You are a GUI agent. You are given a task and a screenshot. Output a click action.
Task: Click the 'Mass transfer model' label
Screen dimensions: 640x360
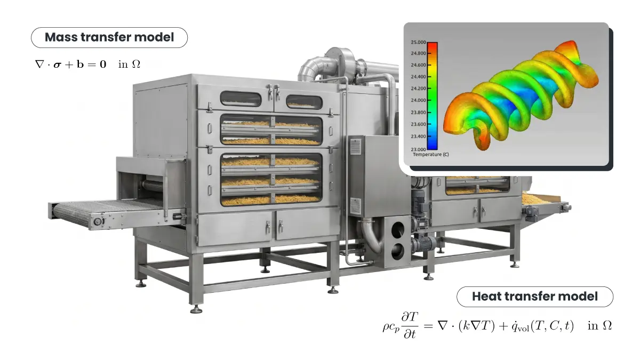(109, 37)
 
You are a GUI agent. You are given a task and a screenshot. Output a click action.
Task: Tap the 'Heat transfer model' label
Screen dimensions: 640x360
(534, 297)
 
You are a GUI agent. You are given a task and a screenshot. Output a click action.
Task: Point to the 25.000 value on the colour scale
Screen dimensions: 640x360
(418, 42)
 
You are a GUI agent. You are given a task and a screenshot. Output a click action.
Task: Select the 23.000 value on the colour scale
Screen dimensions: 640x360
(418, 149)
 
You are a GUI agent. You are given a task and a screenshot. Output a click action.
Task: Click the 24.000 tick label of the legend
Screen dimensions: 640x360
(418, 100)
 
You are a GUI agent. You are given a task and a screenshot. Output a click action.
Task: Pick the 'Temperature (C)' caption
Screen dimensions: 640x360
(431, 155)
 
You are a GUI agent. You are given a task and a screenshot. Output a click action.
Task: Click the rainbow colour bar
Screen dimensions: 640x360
(432, 96)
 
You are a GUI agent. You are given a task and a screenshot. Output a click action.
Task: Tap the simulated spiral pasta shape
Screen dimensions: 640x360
(521, 95)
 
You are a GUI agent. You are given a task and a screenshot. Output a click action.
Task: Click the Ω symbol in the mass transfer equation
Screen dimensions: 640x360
(135, 65)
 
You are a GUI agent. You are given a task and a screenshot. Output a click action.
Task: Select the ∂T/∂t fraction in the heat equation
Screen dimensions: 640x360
(410, 325)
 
